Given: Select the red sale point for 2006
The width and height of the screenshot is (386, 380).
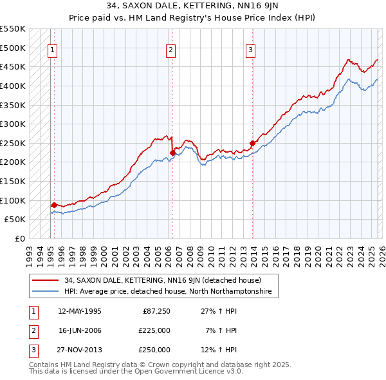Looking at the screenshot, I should pyautogui.click(x=172, y=153).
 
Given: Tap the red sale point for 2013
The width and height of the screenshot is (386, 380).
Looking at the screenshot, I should pyautogui.click(x=252, y=143).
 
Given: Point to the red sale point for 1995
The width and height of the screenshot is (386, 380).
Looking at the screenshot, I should pyautogui.click(x=54, y=205).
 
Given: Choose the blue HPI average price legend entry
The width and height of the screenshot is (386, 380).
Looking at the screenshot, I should pyautogui.click(x=167, y=292).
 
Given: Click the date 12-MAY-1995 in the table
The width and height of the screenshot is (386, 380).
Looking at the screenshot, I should pyautogui.click(x=80, y=311).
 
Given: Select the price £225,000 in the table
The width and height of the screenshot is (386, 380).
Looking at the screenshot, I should pyautogui.click(x=154, y=330).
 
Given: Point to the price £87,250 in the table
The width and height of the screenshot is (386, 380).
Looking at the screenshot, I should pyautogui.click(x=156, y=311).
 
